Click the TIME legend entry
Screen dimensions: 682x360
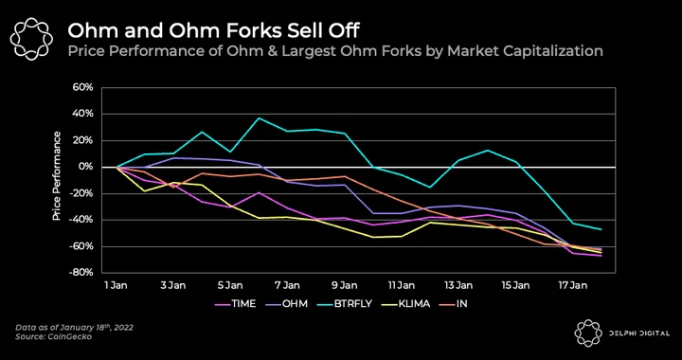click(235, 303)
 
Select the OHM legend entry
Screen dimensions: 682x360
click(287, 303)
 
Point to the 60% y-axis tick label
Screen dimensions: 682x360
click(83, 87)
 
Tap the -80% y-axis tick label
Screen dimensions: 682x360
click(81, 273)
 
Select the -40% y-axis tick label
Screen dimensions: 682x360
click(81, 220)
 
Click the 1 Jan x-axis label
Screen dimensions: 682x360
click(117, 285)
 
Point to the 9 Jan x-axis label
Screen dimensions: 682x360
click(345, 285)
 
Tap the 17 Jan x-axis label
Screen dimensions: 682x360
click(573, 285)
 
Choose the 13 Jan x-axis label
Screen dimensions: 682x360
click(458, 285)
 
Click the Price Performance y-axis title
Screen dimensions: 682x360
click(57, 176)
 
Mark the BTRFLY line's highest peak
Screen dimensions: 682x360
click(260, 117)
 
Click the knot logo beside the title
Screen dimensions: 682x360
click(31, 39)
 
